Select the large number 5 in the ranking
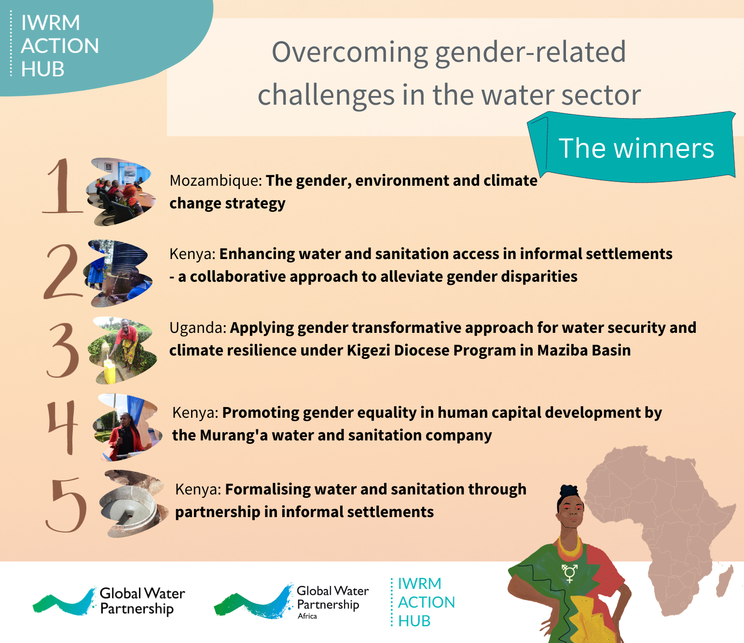(66, 505)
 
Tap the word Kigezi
(368, 351)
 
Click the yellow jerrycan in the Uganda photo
(110, 370)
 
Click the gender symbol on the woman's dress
(569, 573)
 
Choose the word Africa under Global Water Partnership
(307, 616)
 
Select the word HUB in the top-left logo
(42, 68)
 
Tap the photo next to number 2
(118, 274)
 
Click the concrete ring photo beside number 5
(134, 504)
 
